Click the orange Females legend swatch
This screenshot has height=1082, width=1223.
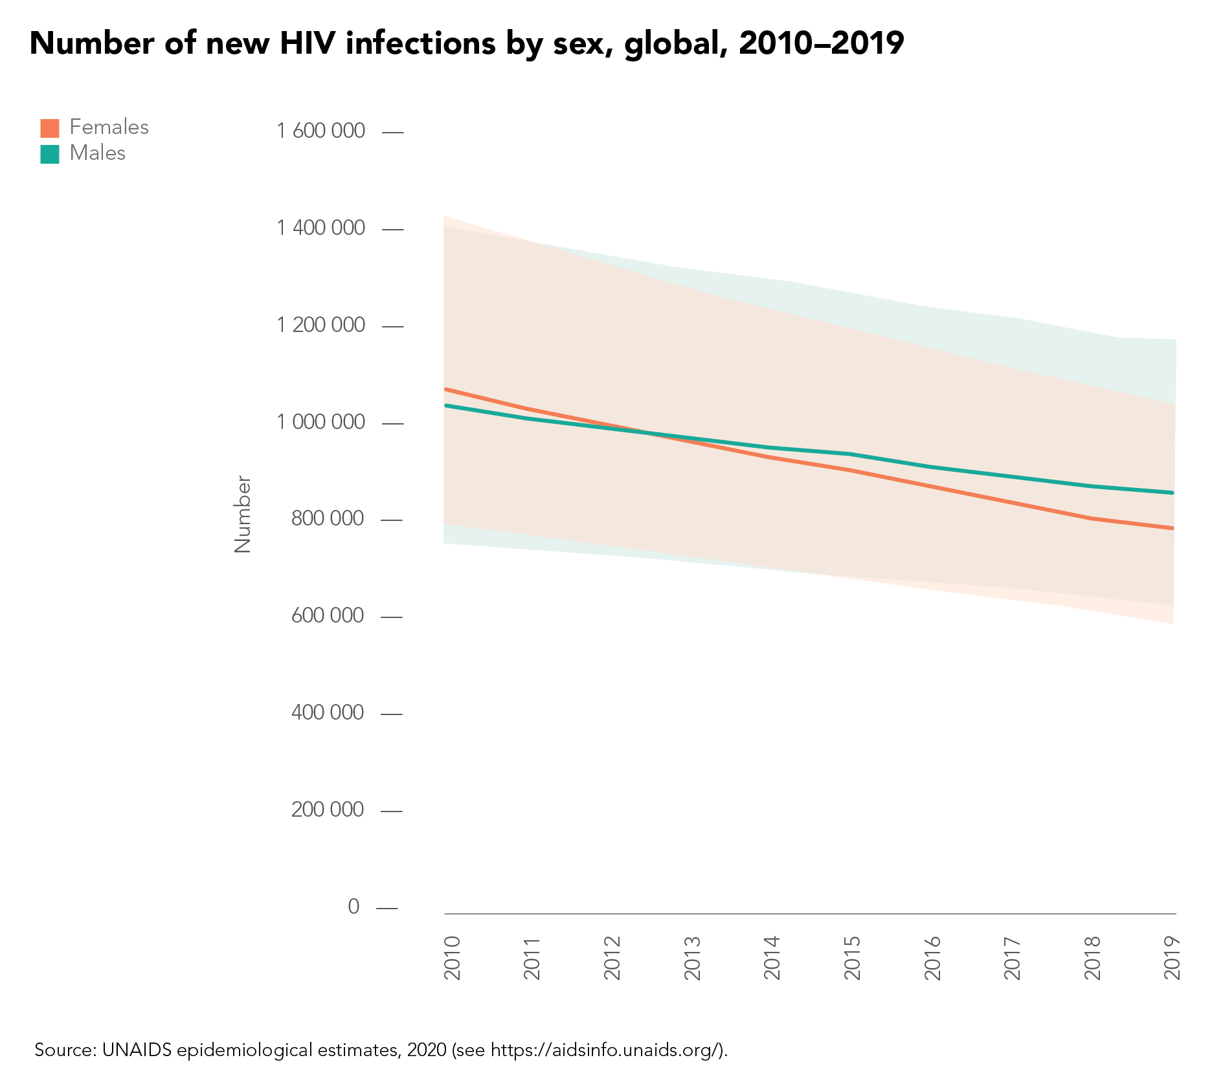click(50, 128)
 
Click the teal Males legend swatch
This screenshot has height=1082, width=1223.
click(50, 154)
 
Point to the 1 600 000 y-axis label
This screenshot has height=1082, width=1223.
click(320, 131)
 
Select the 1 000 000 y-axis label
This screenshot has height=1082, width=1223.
click(320, 423)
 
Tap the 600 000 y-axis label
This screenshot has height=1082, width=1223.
click(328, 615)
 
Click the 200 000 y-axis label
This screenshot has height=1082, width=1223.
click(328, 810)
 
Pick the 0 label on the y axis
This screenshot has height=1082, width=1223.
click(353, 907)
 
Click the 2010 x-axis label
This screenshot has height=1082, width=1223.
click(453, 958)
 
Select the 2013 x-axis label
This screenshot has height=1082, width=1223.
click(693, 958)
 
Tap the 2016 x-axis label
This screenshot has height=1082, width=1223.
click(932, 958)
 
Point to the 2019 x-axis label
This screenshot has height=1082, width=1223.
click(1173, 958)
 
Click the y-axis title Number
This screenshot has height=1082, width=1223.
click(243, 514)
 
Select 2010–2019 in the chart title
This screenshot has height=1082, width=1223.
click(821, 43)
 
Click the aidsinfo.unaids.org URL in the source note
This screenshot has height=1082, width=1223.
click(605, 1050)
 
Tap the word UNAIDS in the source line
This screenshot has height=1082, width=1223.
click(137, 1050)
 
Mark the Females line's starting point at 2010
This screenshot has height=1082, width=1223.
click(446, 389)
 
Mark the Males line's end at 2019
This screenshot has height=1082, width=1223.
click(1173, 492)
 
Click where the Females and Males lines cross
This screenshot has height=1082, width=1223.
click(641, 431)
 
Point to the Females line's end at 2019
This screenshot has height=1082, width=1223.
click(1173, 528)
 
